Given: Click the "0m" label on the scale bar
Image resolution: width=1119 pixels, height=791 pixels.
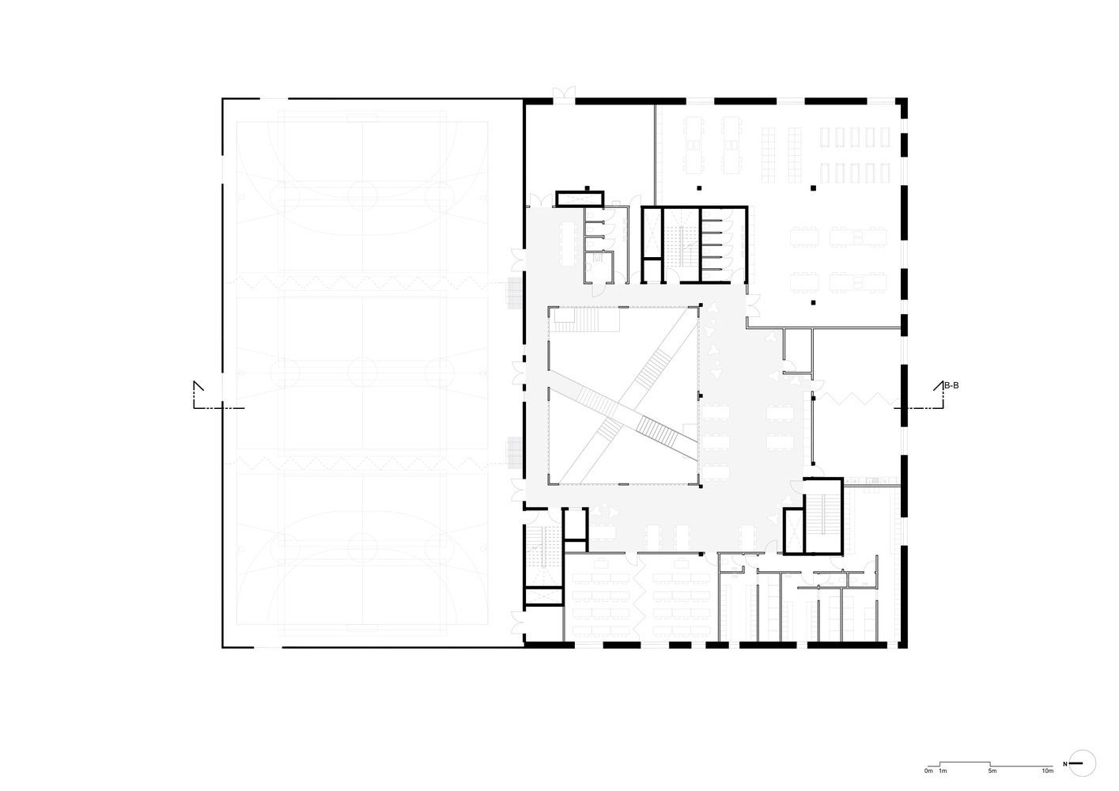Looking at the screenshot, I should coord(928,770).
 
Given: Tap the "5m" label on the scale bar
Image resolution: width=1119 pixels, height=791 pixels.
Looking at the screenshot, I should coord(992,770).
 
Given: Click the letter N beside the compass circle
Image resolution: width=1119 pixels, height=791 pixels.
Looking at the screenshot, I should coord(1065,763).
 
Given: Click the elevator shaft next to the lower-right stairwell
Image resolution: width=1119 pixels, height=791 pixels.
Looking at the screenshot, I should coord(793,529).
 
